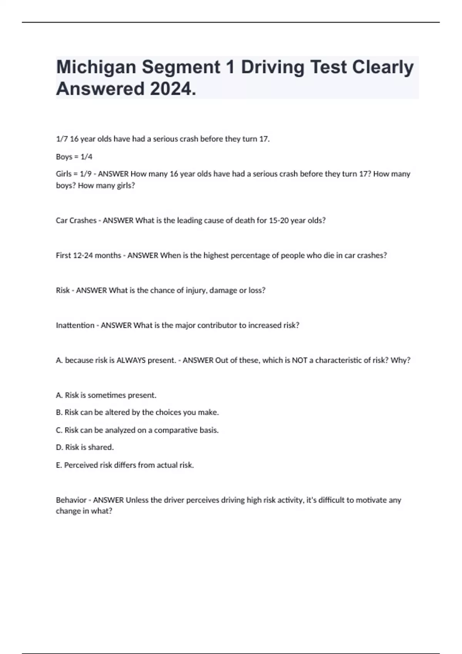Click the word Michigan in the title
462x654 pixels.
[x=96, y=67]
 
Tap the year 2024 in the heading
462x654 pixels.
[x=173, y=89]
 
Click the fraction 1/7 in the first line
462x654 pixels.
[x=62, y=139]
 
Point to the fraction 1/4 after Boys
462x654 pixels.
[x=86, y=157]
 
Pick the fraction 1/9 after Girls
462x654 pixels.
[x=85, y=174]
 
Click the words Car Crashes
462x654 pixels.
[x=76, y=220]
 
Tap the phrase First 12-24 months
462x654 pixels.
[x=88, y=255]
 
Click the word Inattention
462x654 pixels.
[x=75, y=325]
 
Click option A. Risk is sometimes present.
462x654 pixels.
[x=106, y=395]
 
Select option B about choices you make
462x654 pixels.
[x=137, y=412]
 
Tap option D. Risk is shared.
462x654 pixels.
[x=85, y=447]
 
